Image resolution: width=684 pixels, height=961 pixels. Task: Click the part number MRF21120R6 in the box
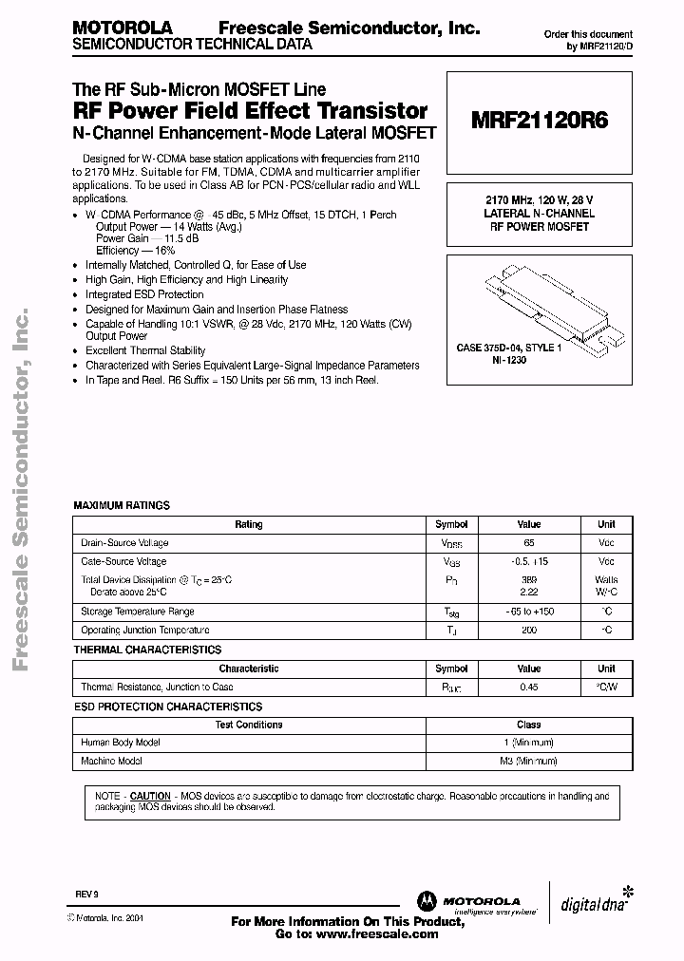point(540,121)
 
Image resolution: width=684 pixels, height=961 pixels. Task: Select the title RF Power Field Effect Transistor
point(250,111)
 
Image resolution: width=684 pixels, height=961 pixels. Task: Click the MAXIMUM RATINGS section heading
point(122,505)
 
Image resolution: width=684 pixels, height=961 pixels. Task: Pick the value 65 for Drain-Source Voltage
point(529,543)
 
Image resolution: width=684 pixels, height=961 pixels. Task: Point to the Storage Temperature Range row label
point(138,612)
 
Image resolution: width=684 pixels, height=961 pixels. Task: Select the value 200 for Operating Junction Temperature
point(529,631)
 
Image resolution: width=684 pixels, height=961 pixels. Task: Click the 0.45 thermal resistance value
point(529,687)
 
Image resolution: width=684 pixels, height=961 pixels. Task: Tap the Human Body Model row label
point(121,743)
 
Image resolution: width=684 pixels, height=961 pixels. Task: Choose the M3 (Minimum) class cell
point(528,762)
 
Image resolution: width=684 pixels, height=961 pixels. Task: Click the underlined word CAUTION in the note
point(150,796)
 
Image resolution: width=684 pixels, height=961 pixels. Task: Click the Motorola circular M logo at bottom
point(425,901)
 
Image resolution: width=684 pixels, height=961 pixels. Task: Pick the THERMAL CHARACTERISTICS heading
point(147,650)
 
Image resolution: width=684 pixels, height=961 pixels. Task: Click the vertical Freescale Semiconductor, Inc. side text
point(23,494)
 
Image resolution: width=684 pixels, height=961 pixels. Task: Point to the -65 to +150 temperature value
point(529,612)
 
